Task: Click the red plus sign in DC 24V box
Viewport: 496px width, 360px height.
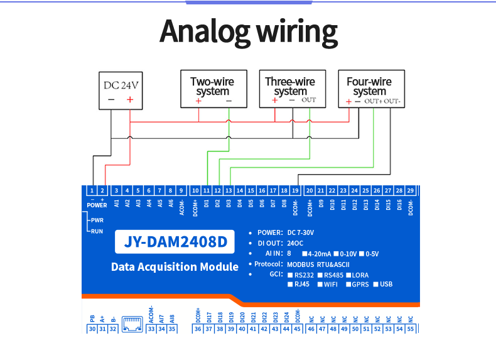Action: [130, 99]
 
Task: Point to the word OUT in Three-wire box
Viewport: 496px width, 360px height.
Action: [309, 100]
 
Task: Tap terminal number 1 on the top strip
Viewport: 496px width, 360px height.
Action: [92, 190]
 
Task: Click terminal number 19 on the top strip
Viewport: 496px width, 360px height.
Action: [294, 190]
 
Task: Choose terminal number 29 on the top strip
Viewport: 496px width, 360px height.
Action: [410, 190]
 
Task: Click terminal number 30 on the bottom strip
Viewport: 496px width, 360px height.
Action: [92, 329]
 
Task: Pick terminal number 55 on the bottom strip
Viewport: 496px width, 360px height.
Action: [411, 329]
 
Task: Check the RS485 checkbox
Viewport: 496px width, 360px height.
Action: [320, 275]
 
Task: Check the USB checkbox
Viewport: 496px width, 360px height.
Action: [375, 284]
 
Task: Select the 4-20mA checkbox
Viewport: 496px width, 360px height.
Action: [303, 254]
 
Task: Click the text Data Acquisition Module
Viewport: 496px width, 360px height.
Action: [175, 267]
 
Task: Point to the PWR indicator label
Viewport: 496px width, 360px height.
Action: [97, 220]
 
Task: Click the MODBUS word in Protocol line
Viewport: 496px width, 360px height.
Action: [300, 264]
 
